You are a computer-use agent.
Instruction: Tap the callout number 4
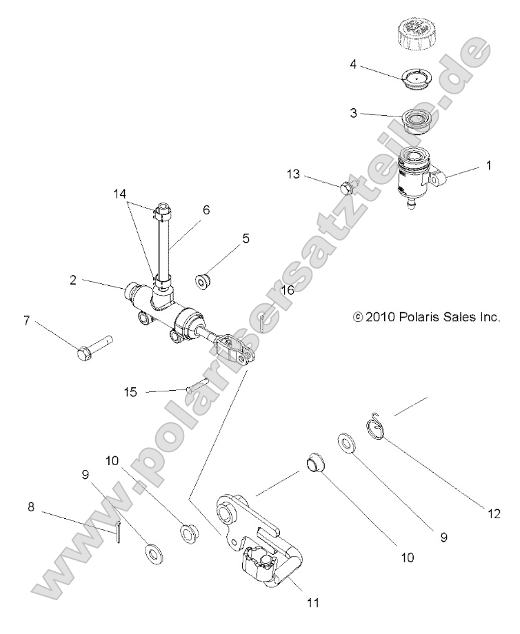click(x=353, y=65)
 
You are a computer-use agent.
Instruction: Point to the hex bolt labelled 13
click(x=347, y=186)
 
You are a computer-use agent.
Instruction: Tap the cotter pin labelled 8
click(x=119, y=531)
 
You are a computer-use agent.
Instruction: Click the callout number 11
click(x=313, y=602)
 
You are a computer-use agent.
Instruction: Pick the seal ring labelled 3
click(x=417, y=121)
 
